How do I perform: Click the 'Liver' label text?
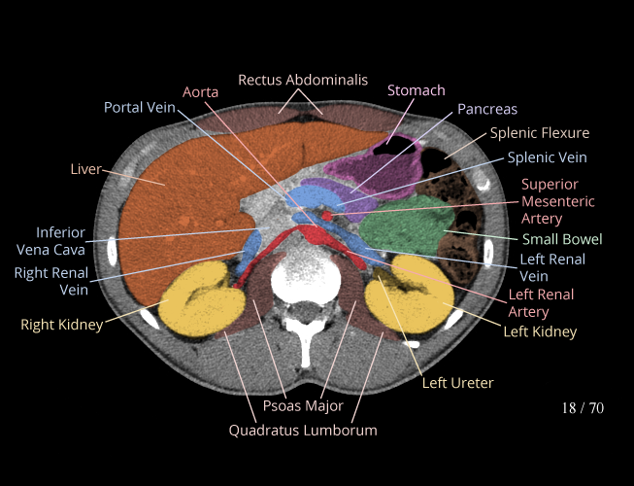(x=86, y=169)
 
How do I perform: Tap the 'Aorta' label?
(x=201, y=90)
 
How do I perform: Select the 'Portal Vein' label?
(x=139, y=107)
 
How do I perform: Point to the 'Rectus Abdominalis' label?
(x=303, y=80)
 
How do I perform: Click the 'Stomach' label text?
(x=416, y=90)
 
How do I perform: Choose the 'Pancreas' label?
(x=487, y=109)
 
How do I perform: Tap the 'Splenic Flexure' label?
(x=539, y=133)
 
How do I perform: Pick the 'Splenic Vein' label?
(x=547, y=156)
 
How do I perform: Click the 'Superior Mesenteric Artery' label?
(x=550, y=201)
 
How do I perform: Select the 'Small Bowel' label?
(x=562, y=239)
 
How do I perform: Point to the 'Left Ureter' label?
(x=457, y=383)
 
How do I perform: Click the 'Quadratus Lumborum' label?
(x=303, y=430)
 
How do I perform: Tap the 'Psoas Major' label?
(x=303, y=405)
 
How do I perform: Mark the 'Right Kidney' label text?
(x=61, y=325)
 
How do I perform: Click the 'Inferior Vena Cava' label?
(x=60, y=242)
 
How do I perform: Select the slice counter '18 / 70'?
(x=583, y=407)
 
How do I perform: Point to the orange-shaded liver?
(x=184, y=214)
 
